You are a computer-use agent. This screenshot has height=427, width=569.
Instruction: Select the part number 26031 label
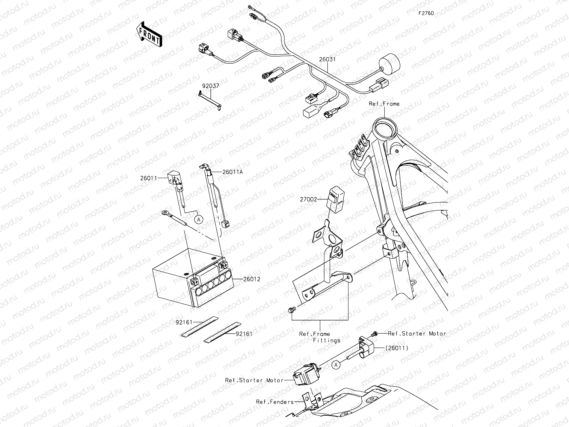(327, 59)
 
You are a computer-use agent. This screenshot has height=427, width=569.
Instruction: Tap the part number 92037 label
(210, 86)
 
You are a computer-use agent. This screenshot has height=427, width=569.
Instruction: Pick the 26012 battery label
(251, 279)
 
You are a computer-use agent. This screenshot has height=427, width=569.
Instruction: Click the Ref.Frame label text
(384, 104)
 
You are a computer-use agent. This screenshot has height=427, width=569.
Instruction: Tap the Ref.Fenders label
(275, 402)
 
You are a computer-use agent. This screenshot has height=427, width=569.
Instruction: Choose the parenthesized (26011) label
(396, 348)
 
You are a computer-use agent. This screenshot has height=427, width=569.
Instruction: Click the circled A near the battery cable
(198, 218)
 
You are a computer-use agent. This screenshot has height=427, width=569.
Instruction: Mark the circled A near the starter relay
(336, 364)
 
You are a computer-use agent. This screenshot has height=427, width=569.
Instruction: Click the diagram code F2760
(426, 13)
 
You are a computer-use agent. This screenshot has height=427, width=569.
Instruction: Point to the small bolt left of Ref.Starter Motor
(375, 333)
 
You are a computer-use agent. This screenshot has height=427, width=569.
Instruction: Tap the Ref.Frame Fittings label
(320, 337)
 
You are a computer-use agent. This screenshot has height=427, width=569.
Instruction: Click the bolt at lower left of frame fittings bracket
(291, 310)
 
